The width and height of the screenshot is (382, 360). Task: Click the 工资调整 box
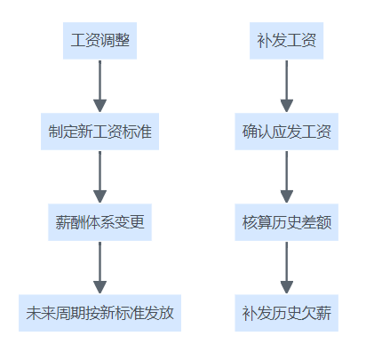pyautogui.click(x=99, y=41)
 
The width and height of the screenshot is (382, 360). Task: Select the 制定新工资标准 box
pyautogui.click(x=99, y=132)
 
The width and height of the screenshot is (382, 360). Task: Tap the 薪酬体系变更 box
pyautogui.click(x=99, y=222)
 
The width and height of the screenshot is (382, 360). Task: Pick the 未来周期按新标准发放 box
pyautogui.click(x=99, y=313)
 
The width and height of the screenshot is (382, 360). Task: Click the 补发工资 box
pyautogui.click(x=286, y=41)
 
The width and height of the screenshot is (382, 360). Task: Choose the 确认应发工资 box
pyautogui.click(x=286, y=132)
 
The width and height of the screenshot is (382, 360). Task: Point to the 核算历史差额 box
pyautogui.click(x=286, y=222)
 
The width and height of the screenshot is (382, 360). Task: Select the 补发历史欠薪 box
pyautogui.click(x=286, y=313)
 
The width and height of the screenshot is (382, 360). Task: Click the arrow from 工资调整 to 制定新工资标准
pyautogui.click(x=99, y=86)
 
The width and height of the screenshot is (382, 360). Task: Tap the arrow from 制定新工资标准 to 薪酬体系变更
pyautogui.click(x=99, y=177)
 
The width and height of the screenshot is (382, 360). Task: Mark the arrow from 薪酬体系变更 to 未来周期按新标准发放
pyautogui.click(x=99, y=268)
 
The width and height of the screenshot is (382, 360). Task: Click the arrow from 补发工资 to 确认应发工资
pyautogui.click(x=286, y=86)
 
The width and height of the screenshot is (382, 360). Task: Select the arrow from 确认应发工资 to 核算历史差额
pyautogui.click(x=286, y=177)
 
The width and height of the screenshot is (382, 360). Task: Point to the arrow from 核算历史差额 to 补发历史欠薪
pyautogui.click(x=286, y=268)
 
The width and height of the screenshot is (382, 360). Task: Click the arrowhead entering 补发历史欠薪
pyautogui.click(x=286, y=287)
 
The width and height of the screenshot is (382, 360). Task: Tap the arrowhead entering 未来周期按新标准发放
pyautogui.click(x=99, y=287)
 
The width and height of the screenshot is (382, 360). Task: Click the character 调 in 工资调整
pyautogui.click(x=107, y=40)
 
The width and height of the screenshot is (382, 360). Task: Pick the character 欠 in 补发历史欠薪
pyautogui.click(x=308, y=313)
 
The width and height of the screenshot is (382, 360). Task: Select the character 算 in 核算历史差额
pyautogui.click(x=265, y=222)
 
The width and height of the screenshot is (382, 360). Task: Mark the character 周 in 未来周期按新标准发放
pyautogui.click(x=63, y=313)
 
